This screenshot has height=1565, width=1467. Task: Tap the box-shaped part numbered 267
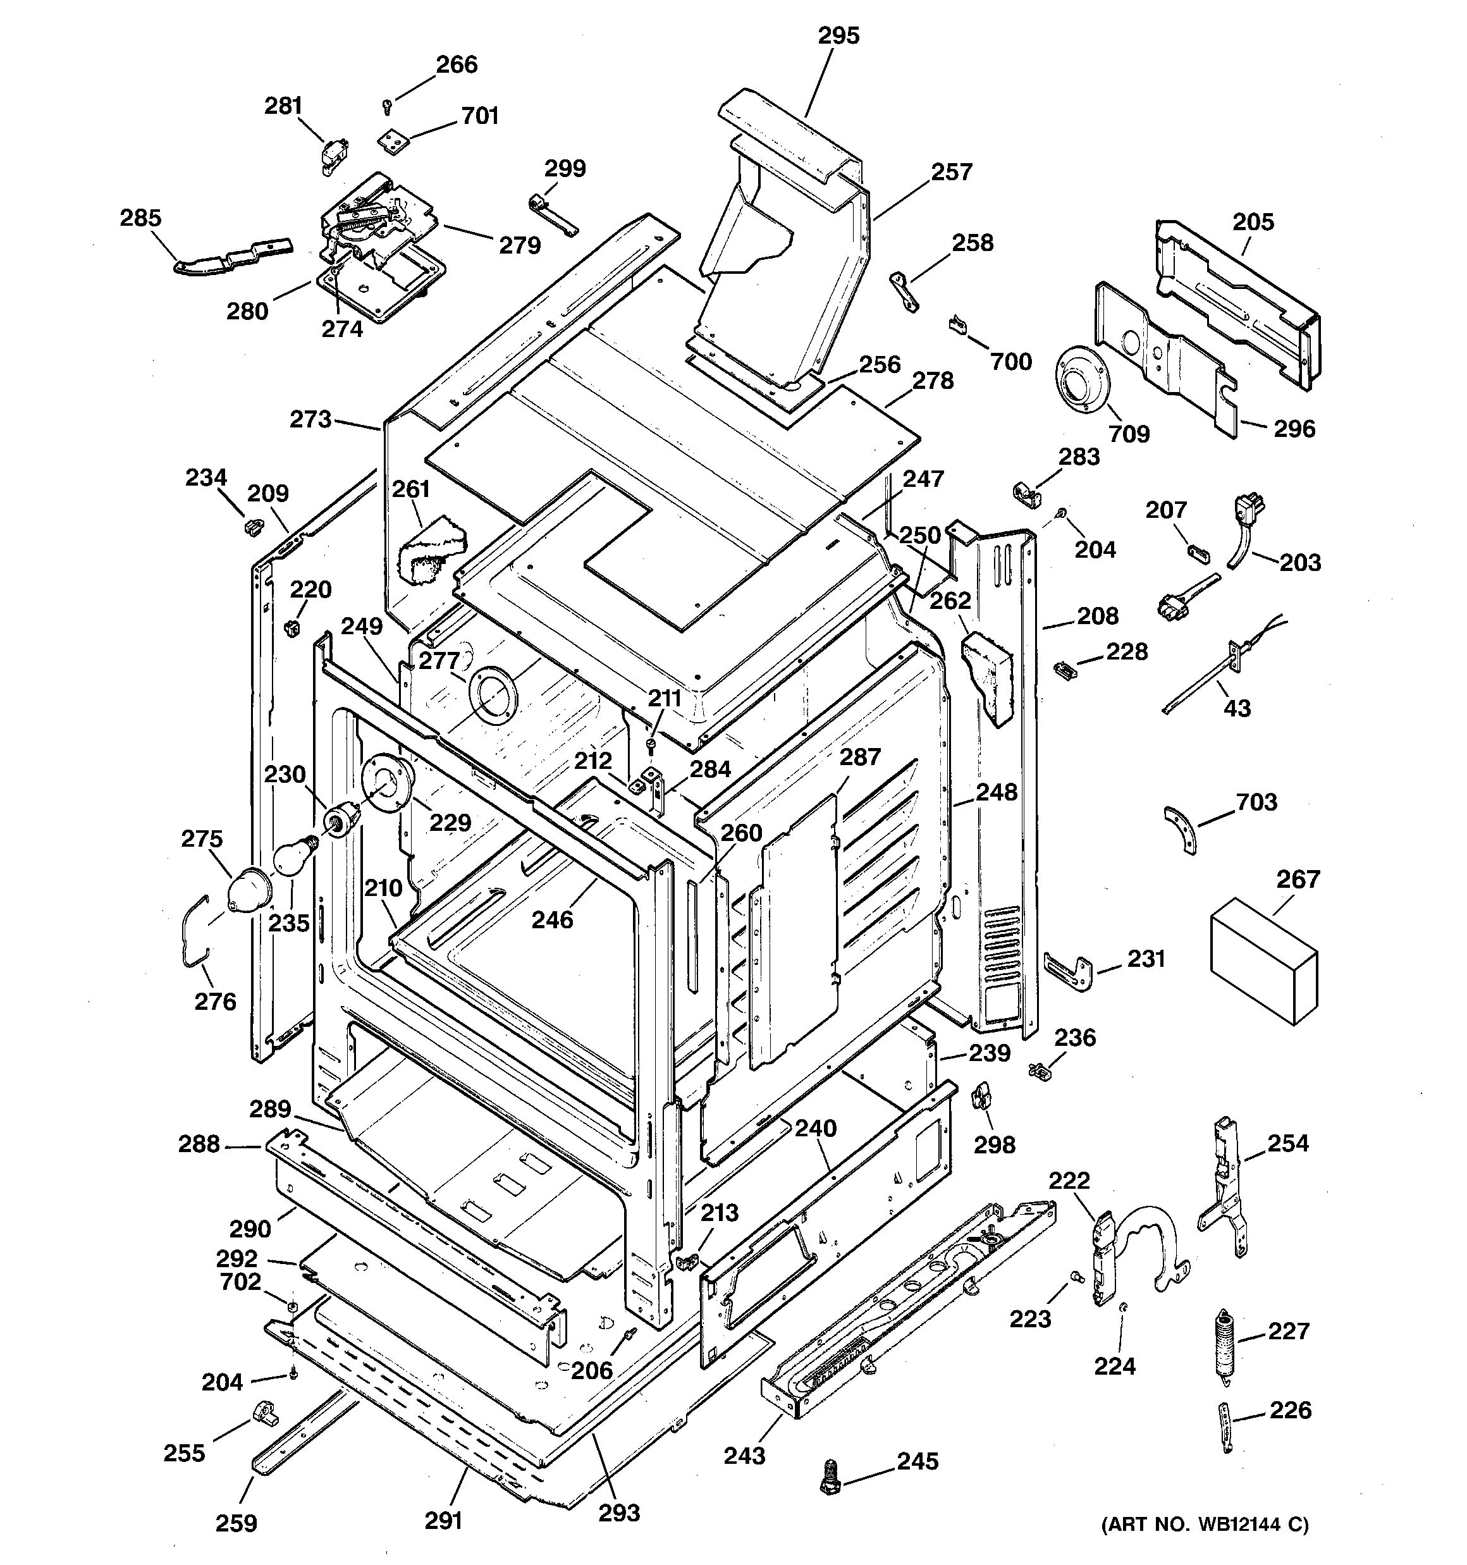1263,960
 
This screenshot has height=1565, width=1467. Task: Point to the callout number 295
838,35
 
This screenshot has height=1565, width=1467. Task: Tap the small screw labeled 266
386,106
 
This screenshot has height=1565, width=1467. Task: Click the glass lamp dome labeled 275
249,890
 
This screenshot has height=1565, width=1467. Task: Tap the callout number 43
1237,708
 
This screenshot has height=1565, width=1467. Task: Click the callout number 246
552,919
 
